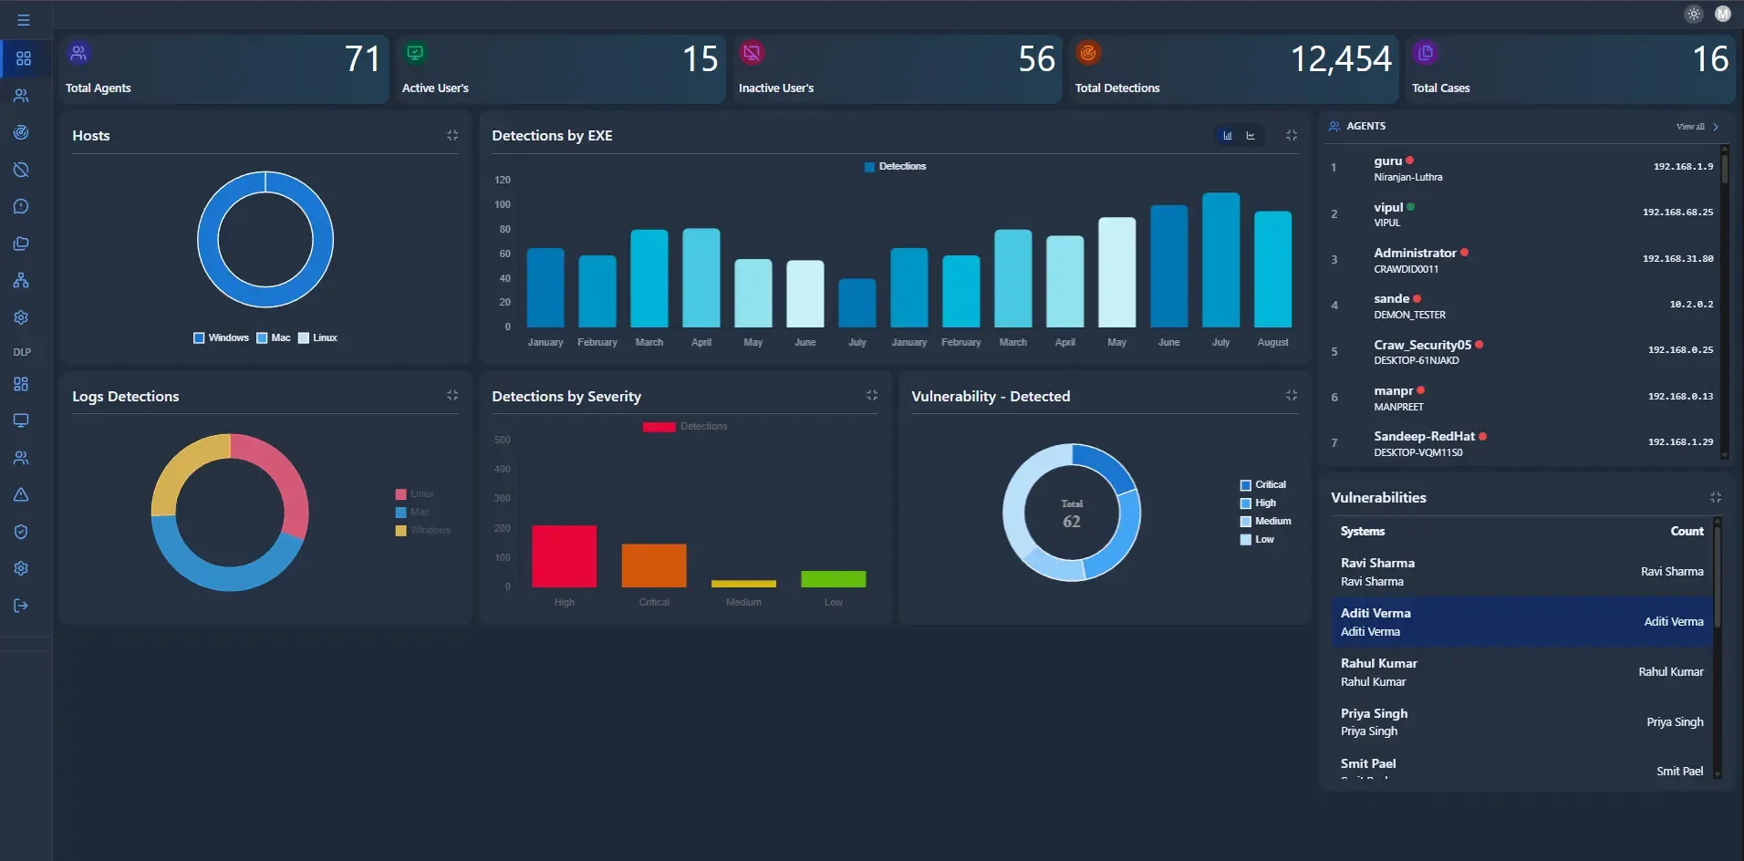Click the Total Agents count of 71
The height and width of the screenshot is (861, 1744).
point(362,59)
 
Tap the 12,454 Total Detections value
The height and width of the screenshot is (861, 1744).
point(1340,59)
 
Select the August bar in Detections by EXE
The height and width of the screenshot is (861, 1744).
point(1272,269)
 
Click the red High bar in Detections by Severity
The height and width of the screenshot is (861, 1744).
point(564,556)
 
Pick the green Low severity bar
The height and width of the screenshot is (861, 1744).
point(833,579)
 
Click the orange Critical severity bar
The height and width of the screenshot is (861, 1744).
point(653,565)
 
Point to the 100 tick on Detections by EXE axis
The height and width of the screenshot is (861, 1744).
point(503,204)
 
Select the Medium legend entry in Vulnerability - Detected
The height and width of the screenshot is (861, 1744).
point(1272,521)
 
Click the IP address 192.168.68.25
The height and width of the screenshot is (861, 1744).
point(1677,213)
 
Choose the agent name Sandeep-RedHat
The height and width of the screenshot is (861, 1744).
point(1423,436)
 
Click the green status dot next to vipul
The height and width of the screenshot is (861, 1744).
point(1410,207)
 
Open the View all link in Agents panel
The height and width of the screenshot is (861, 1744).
point(1690,127)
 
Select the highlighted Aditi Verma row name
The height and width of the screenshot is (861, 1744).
point(1375,613)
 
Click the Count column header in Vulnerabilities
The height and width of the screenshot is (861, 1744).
point(1686,531)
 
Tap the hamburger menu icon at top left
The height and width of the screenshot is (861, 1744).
point(24,20)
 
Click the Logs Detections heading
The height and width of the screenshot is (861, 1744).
point(126,396)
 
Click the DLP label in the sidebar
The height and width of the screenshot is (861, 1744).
point(22,352)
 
